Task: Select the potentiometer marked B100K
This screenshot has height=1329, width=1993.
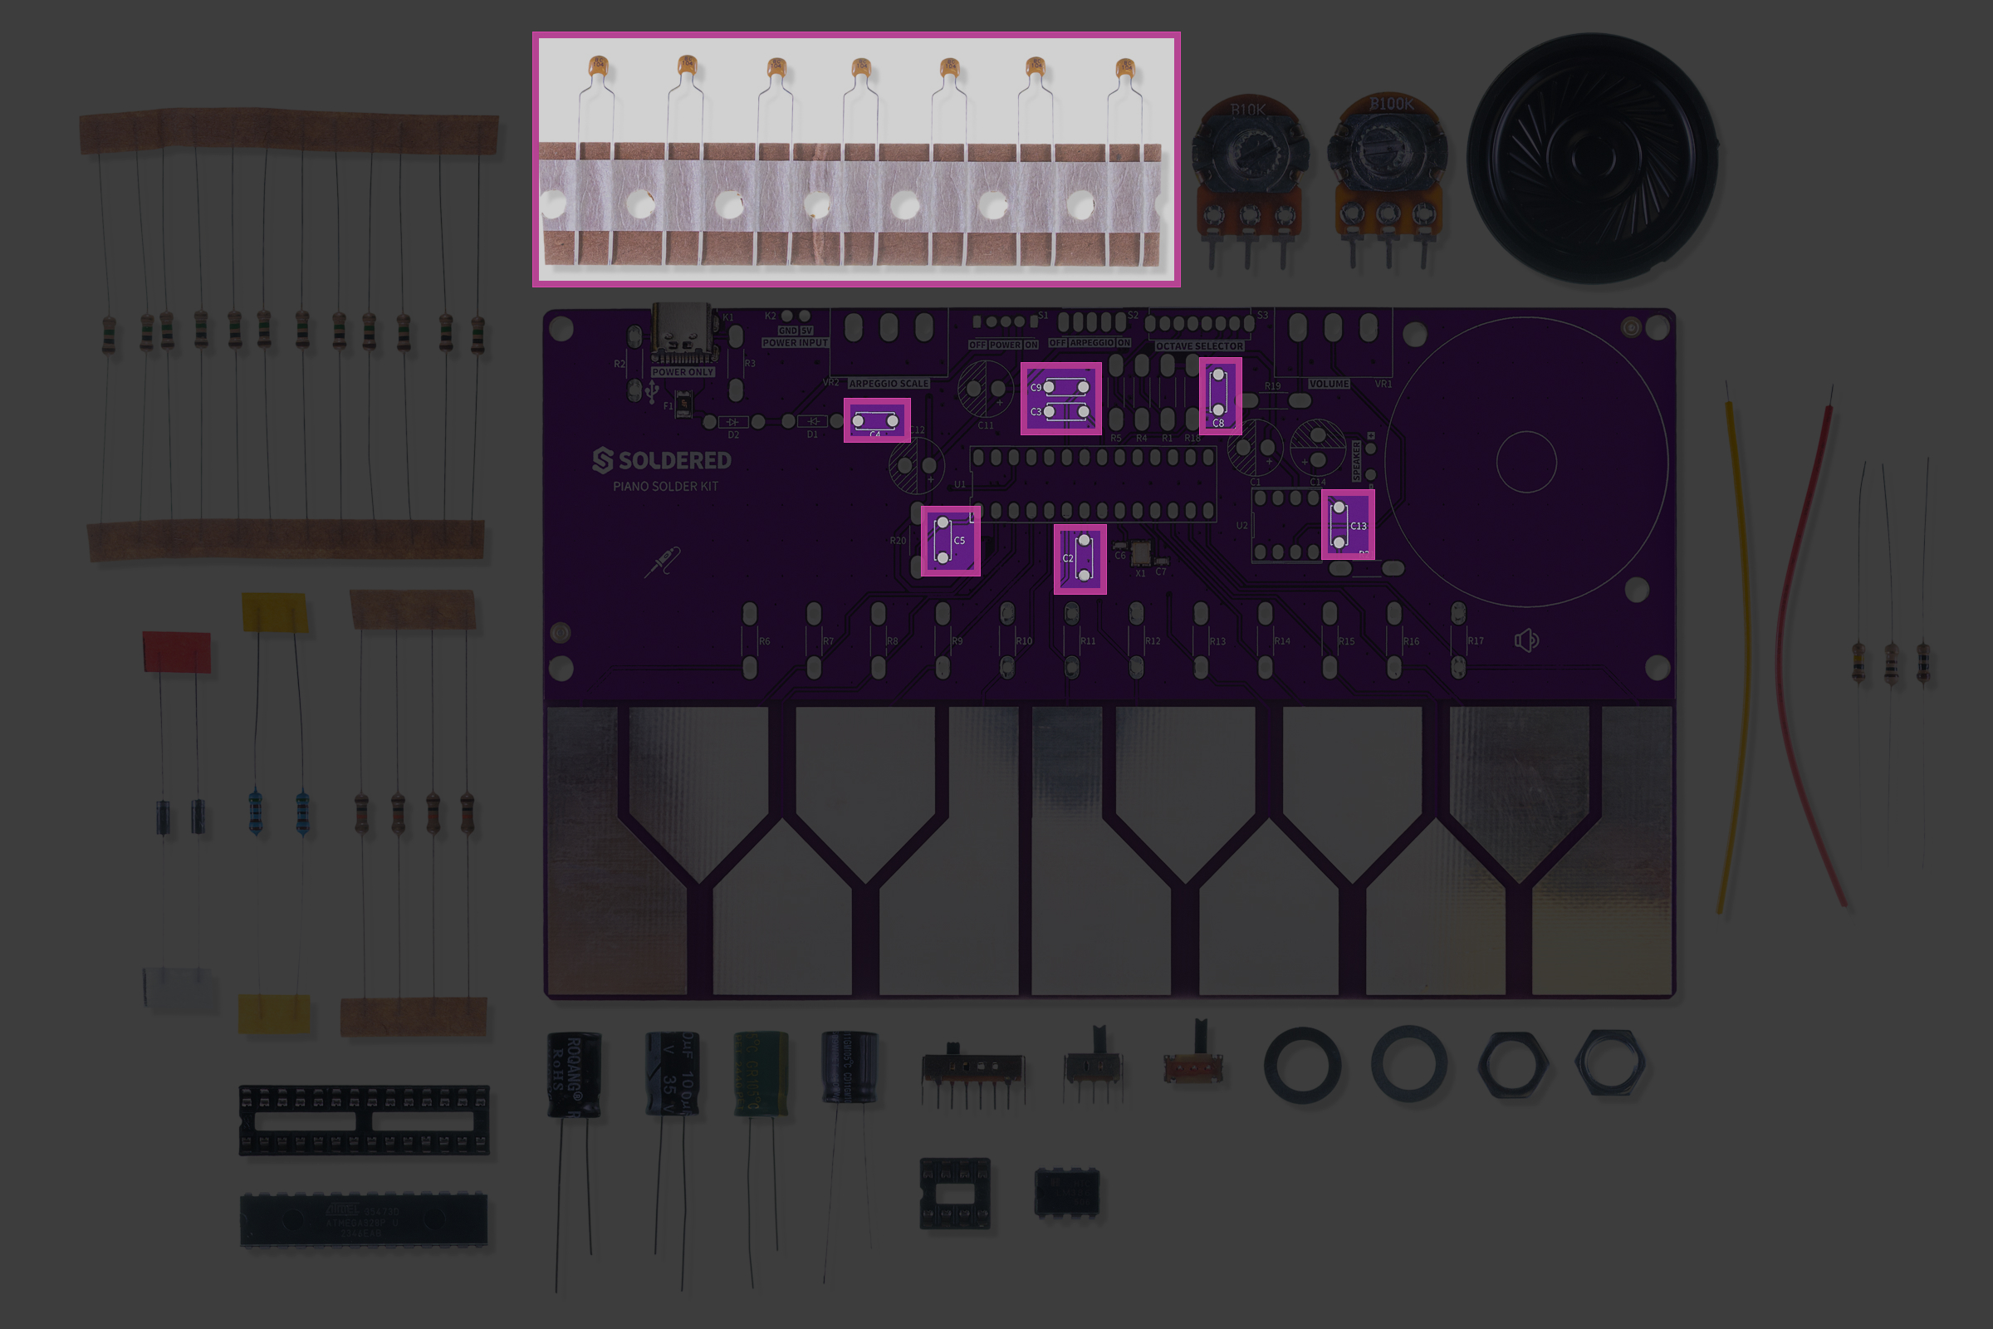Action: pyautogui.click(x=1387, y=169)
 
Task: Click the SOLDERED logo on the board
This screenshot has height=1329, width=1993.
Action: pyautogui.click(x=662, y=461)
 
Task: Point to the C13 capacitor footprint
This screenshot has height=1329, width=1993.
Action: pyautogui.click(x=1347, y=526)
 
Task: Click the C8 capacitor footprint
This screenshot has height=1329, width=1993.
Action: pyautogui.click(x=1219, y=395)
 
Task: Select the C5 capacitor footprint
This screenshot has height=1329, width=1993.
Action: pyautogui.click(x=950, y=541)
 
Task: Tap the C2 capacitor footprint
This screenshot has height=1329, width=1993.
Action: pyautogui.click(x=1080, y=558)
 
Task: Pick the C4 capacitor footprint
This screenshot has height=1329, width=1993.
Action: pyautogui.click(x=876, y=420)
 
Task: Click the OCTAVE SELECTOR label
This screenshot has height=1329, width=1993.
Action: pyautogui.click(x=1199, y=346)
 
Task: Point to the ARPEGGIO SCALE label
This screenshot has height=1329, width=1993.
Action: pyautogui.click(x=888, y=384)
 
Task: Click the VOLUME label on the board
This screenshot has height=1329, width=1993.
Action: pyautogui.click(x=1328, y=384)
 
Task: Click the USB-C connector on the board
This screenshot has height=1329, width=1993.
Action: pyautogui.click(x=682, y=335)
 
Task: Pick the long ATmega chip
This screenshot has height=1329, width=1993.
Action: pyautogui.click(x=364, y=1219)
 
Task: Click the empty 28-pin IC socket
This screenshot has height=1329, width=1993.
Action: pyautogui.click(x=364, y=1120)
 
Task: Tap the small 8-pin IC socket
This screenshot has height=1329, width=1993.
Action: pyautogui.click(x=955, y=1194)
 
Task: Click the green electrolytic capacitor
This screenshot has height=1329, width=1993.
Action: pyautogui.click(x=760, y=1072)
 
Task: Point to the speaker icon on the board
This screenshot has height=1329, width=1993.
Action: pyautogui.click(x=1526, y=640)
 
